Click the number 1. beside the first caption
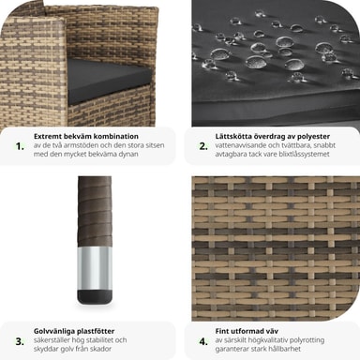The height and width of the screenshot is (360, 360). [20, 146]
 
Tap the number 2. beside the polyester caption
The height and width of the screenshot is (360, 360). [203, 146]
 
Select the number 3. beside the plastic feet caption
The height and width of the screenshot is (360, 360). [20, 341]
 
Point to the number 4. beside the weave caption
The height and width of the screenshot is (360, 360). [203, 341]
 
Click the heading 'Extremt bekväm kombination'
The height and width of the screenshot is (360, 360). [86, 136]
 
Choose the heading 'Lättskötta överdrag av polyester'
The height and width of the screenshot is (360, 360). [273, 136]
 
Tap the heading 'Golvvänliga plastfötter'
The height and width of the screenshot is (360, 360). [74, 331]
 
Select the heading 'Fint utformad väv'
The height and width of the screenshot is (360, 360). [247, 331]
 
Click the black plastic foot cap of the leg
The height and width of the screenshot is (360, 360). [95, 297]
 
